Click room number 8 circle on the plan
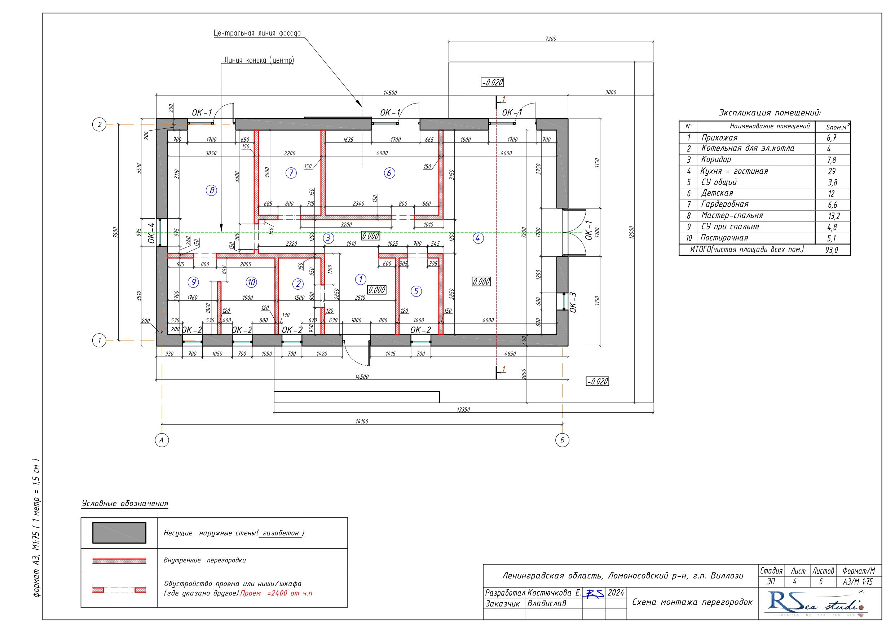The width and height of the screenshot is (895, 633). [x=211, y=190]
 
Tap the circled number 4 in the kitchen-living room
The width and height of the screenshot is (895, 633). [x=478, y=238]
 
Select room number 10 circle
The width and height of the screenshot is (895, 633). [x=251, y=282]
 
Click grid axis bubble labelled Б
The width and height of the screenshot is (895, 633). [x=562, y=440]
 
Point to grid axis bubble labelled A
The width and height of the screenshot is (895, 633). [x=162, y=440]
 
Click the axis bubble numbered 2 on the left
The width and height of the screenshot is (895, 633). [x=100, y=124]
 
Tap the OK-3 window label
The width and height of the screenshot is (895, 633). [x=573, y=302]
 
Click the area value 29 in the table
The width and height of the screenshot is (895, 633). [x=832, y=171]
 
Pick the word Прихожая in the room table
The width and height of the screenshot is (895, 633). [x=719, y=138]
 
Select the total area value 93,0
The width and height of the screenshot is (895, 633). [x=832, y=250]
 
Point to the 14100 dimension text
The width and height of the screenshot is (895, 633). [x=362, y=422]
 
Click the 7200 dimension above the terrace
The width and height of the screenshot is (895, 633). [x=550, y=39]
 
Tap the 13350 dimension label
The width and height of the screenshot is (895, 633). [x=463, y=410]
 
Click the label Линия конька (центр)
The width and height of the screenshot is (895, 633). [x=259, y=60]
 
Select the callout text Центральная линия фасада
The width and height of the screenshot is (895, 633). [x=257, y=33]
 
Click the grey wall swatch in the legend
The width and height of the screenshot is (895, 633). [x=119, y=533]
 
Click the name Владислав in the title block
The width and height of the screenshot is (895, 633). [x=547, y=604]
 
